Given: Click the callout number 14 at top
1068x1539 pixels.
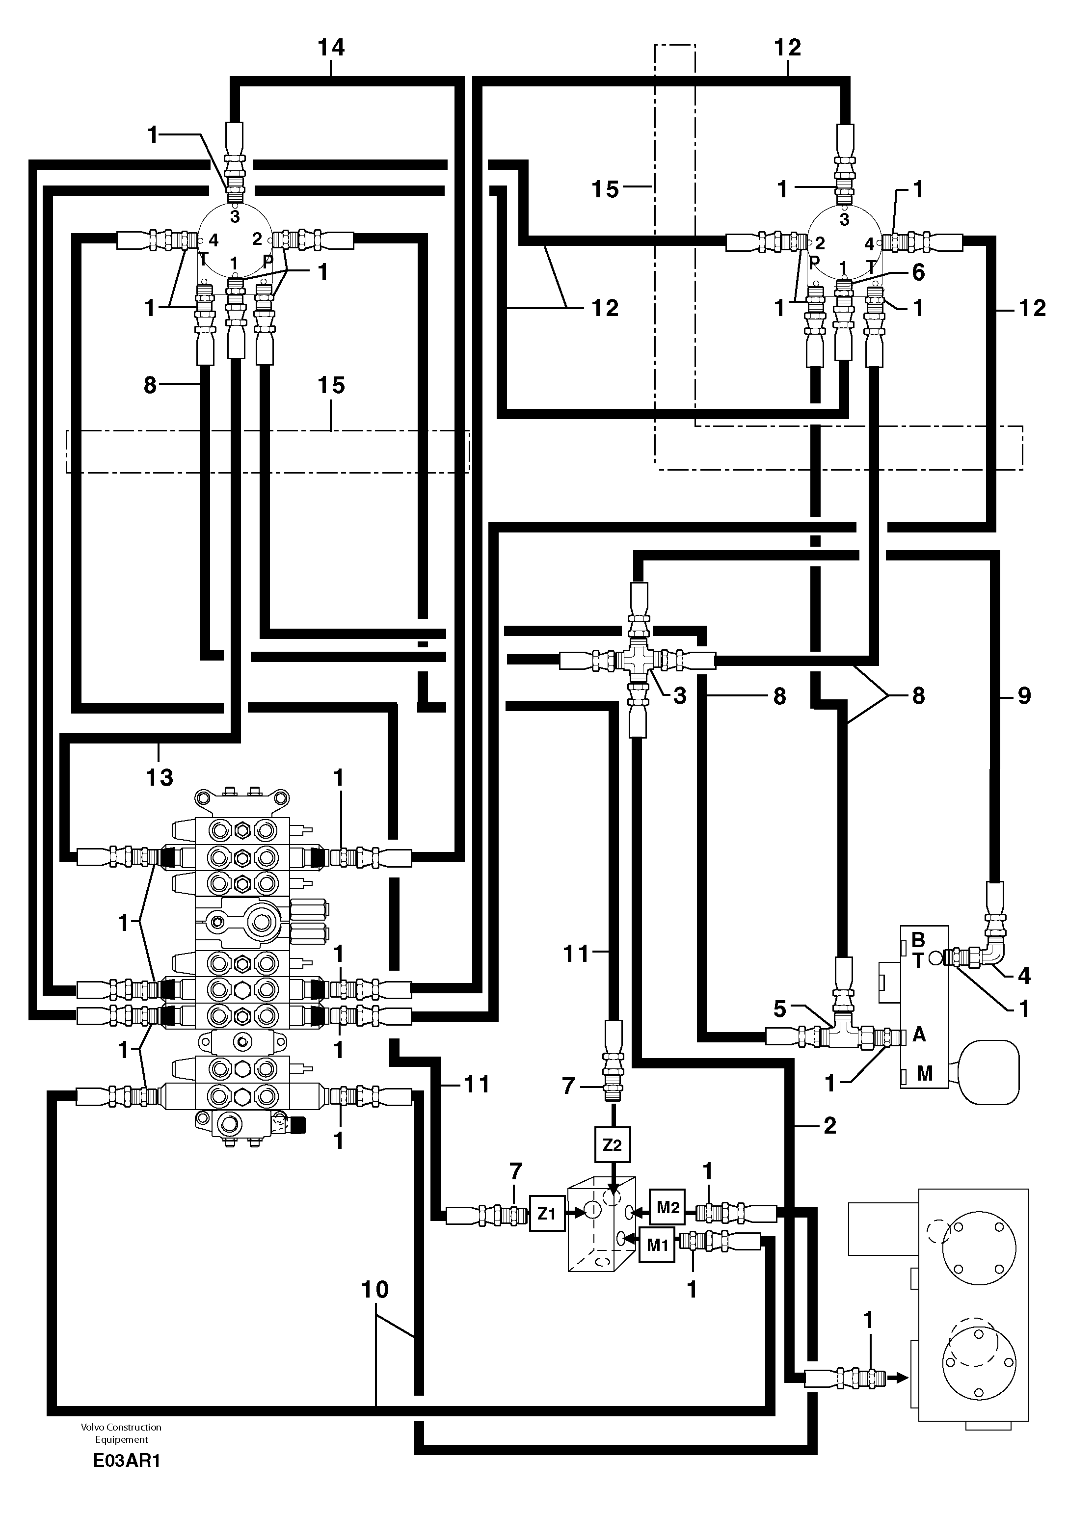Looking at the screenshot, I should (x=331, y=48).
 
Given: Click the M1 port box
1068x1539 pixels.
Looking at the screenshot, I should (x=657, y=1245).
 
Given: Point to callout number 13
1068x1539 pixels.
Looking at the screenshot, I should (x=159, y=777).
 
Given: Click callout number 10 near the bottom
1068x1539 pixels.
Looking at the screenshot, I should (x=375, y=1289).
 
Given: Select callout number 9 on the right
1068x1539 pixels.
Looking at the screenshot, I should (x=1024, y=696).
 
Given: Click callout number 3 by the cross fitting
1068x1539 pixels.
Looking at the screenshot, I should (x=680, y=696).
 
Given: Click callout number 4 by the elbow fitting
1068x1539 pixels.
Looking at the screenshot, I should (x=1024, y=976).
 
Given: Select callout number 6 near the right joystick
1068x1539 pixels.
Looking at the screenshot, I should (x=918, y=272).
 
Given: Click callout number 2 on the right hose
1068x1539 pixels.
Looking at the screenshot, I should (x=830, y=1125).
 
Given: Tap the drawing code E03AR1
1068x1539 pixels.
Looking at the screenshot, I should (x=127, y=1460).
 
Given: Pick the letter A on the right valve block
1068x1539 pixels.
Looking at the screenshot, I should (x=919, y=1035).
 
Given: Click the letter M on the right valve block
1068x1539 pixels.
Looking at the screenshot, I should (x=924, y=1074).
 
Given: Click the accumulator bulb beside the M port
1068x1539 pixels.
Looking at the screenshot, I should (x=989, y=1071).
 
